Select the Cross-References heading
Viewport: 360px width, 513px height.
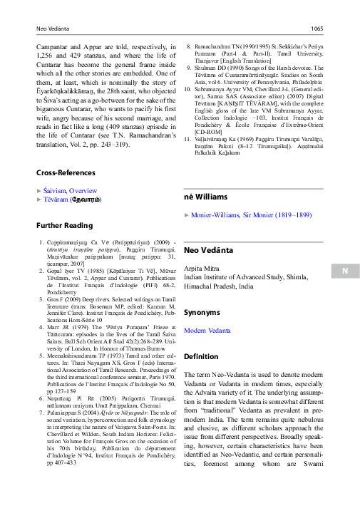[66, 172]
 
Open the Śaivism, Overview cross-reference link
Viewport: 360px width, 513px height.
[70, 190]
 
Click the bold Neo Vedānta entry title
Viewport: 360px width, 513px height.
[211, 250]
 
